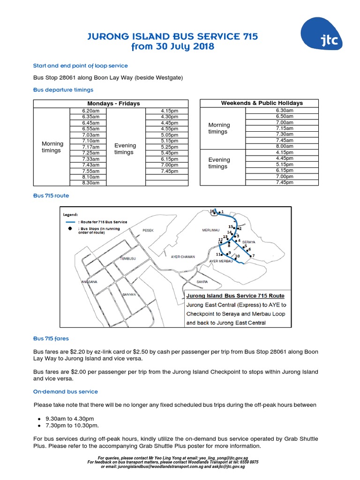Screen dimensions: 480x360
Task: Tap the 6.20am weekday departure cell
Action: (x=90, y=111)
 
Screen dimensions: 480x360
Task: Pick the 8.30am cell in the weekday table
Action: (x=90, y=183)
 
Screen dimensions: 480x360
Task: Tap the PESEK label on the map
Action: (x=148, y=230)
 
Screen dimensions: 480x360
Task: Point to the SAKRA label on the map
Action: (x=202, y=282)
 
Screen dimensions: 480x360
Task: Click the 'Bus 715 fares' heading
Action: (x=51, y=337)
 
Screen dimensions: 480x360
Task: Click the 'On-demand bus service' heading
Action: (x=65, y=391)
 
